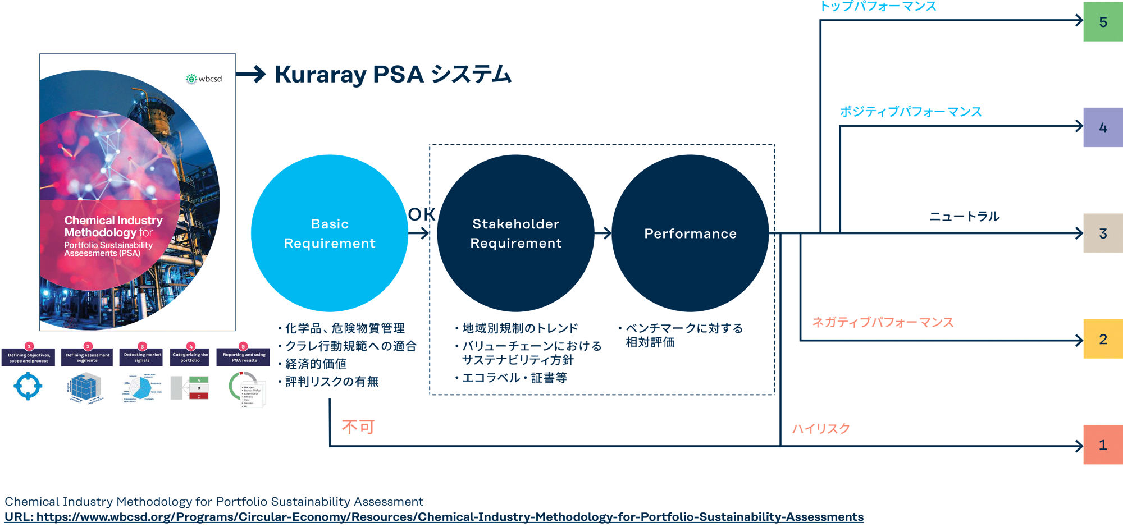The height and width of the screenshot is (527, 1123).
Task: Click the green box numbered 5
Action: [1102, 22]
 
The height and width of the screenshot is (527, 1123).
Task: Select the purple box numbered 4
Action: [1102, 127]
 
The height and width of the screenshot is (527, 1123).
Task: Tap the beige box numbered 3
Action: [1102, 233]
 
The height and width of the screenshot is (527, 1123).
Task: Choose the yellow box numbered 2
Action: [1102, 339]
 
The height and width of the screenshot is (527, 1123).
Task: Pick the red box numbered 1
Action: [1102, 444]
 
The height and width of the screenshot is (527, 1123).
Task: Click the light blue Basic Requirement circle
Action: [330, 233]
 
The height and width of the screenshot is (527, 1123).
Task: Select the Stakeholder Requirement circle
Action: [515, 233]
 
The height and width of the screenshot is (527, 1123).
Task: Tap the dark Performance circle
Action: [690, 233]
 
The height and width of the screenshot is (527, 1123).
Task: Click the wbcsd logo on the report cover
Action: [204, 79]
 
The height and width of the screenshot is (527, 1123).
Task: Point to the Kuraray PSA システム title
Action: [392, 75]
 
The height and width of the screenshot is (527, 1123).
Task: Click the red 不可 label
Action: [358, 427]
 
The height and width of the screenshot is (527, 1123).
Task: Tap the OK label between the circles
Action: [422, 214]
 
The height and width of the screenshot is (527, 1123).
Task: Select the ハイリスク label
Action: [821, 429]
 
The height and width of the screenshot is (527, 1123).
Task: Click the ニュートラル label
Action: [964, 216]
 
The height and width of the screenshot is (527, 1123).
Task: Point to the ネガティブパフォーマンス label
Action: [883, 322]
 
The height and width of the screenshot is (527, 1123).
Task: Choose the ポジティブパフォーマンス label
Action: [910, 112]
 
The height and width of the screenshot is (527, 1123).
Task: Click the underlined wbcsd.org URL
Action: [433, 517]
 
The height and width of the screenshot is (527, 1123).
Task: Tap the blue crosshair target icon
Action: [28, 386]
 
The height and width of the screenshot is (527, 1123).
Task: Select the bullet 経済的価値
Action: [316, 364]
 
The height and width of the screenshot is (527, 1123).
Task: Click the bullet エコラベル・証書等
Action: [514, 378]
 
